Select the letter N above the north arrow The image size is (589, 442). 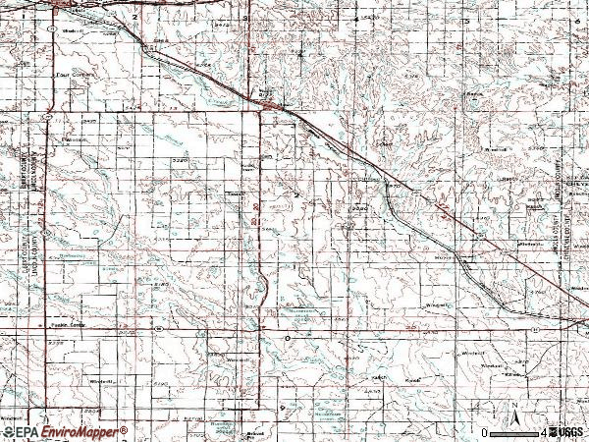click(510, 403)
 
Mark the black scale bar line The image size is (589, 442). click(513, 432)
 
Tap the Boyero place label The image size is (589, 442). click(446, 258)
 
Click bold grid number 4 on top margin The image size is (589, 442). click(354, 19)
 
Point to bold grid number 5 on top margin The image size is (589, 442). click(461, 19)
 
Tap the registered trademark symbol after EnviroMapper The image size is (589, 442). click(125, 428)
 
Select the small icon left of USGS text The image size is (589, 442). click(552, 432)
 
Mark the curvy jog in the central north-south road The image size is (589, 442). click(263, 288)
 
